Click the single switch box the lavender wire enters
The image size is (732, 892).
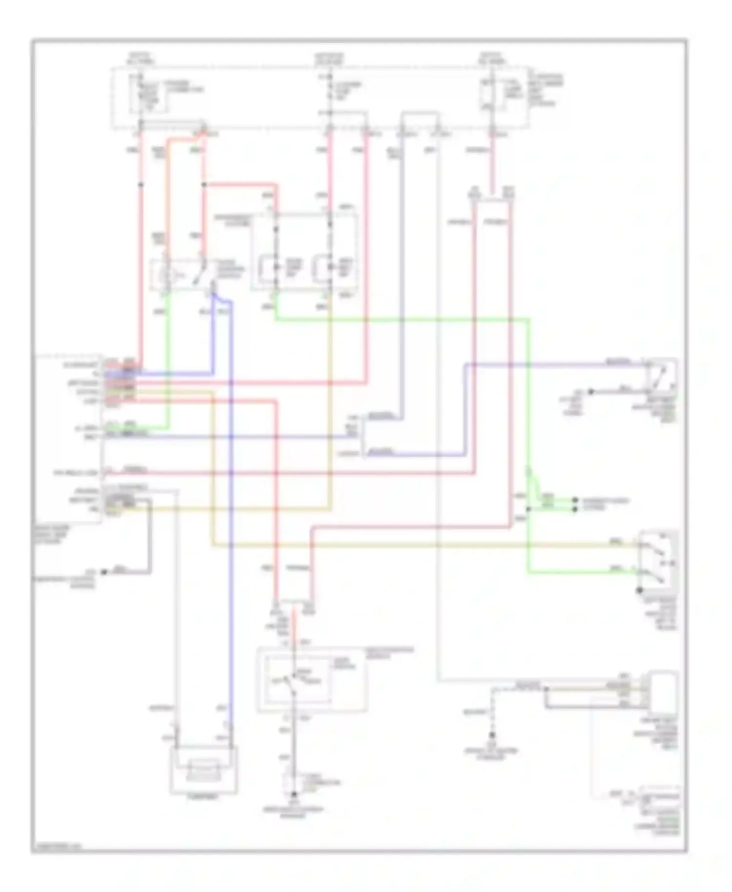661,376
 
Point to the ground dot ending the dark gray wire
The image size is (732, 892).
103,571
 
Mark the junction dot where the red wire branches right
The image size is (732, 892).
204,185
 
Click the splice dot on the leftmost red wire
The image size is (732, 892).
141,185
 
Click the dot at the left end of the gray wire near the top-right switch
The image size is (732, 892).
590,391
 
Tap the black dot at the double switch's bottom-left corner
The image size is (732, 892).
638,590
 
